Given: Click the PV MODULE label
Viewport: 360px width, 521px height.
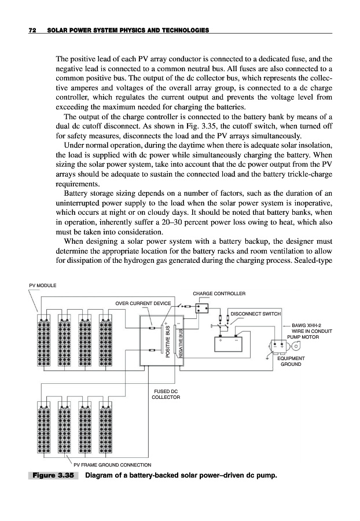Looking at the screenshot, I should [43, 285].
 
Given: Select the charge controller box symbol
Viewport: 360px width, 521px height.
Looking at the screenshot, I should [202, 307].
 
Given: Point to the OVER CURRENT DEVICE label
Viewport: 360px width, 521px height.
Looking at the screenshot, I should [144, 303].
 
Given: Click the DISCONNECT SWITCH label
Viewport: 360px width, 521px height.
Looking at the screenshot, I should [256, 314].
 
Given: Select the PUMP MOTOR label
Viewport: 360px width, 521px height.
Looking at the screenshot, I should [303, 336].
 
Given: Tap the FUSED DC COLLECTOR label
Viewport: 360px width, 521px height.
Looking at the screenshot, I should [166, 394].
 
